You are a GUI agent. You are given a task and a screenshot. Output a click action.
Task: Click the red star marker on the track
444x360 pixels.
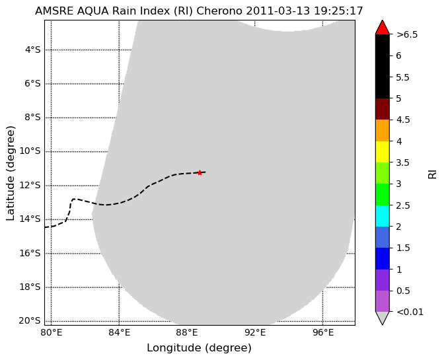(x=200, y=172)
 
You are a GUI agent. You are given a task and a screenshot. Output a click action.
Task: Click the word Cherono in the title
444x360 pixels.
(x=219, y=11)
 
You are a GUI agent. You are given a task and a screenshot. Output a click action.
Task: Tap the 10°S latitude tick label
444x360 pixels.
(x=30, y=151)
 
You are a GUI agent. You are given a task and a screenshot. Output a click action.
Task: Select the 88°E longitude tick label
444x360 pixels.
(x=187, y=332)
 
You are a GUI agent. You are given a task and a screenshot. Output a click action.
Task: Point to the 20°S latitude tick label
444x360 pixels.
(x=30, y=320)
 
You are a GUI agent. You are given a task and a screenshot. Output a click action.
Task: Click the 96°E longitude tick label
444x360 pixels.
(x=323, y=332)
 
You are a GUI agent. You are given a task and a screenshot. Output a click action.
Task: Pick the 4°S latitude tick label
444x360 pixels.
(x=33, y=50)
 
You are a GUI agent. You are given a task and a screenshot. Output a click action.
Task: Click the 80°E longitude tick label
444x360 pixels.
(x=52, y=332)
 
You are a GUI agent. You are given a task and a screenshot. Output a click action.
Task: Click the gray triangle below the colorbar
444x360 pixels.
(x=383, y=317)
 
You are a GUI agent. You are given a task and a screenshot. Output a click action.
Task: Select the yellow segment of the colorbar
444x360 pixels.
(x=383, y=152)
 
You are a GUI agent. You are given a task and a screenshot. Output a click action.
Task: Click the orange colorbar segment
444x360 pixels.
(x=383, y=130)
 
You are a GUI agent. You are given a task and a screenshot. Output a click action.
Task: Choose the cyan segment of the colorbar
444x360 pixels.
(x=383, y=215)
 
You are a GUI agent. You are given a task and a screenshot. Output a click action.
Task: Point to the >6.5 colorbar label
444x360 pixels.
(x=407, y=34)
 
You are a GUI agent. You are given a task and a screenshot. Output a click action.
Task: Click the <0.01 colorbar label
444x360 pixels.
(x=410, y=312)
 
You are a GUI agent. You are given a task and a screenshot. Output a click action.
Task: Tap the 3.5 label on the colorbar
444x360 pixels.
(x=403, y=162)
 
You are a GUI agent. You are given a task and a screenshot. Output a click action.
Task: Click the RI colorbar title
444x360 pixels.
(x=432, y=174)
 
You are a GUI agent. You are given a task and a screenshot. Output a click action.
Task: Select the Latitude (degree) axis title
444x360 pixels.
(x=11, y=173)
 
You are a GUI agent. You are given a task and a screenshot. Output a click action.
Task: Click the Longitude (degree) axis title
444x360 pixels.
(x=199, y=348)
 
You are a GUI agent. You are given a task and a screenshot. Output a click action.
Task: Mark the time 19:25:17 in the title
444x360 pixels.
(x=338, y=11)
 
